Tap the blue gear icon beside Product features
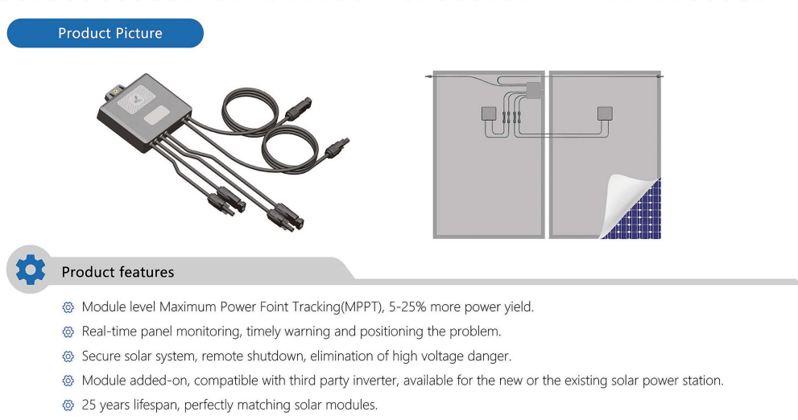click(x=31, y=270)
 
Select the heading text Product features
click(x=118, y=272)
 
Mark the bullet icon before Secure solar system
click(x=68, y=356)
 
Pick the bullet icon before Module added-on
click(x=68, y=381)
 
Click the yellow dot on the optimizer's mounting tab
click(x=115, y=91)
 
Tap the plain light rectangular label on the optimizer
click(x=160, y=113)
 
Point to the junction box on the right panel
click(x=605, y=113)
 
